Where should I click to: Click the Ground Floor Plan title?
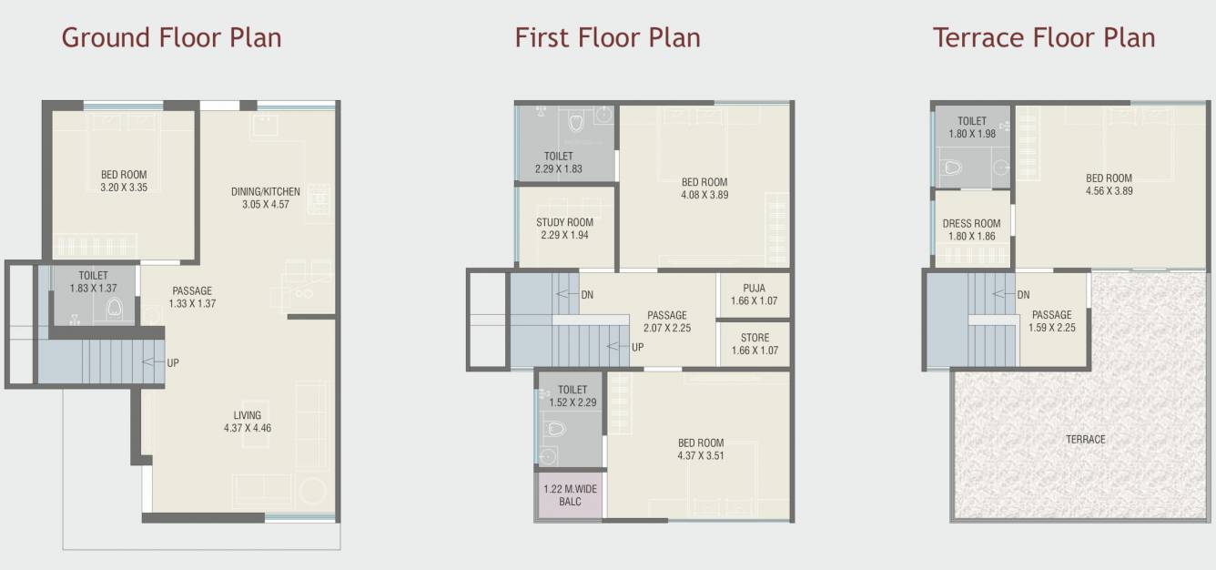point(171,38)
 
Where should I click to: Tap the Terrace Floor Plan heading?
point(1043,38)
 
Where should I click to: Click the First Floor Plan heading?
point(607,38)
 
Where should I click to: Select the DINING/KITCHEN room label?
point(265,198)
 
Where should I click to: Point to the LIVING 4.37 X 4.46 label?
point(247,421)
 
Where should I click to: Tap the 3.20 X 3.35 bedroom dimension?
point(124,188)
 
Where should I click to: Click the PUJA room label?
point(754,294)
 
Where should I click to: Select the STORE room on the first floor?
point(755,343)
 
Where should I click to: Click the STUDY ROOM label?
point(564,229)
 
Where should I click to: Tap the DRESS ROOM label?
point(971,229)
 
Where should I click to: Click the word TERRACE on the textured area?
point(1085,439)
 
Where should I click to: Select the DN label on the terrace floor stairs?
point(1022,294)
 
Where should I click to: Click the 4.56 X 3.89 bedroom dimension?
point(1109,191)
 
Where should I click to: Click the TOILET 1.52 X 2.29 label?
point(573,396)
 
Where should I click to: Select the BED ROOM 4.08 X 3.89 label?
point(704,188)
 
